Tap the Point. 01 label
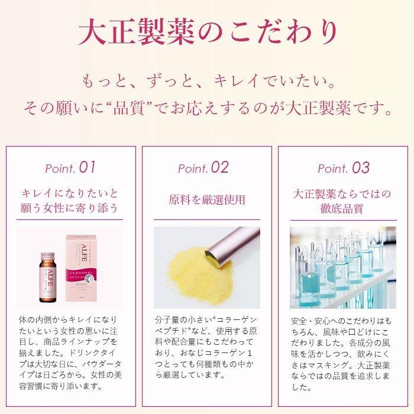(x=70, y=167)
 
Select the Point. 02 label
(x=203, y=167)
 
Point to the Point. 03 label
(x=344, y=167)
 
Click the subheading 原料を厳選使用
(x=206, y=199)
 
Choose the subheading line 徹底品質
(x=343, y=209)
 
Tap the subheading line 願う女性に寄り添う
(x=70, y=209)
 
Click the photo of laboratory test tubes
(x=343, y=267)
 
